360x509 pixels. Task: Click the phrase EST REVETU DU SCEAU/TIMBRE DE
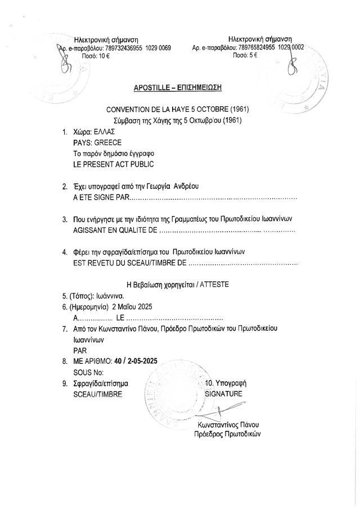[129, 263]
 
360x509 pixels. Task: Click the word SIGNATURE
[224, 394]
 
